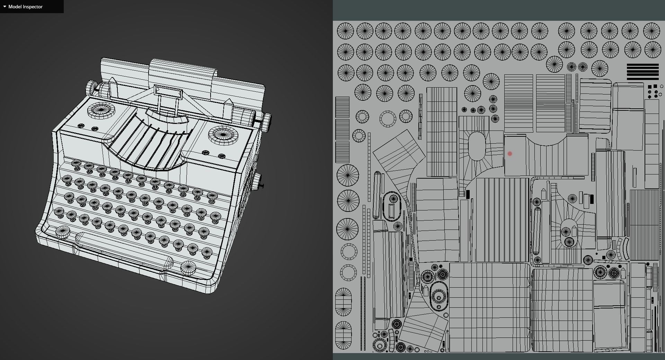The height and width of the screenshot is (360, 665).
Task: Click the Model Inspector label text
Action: (x=25, y=7)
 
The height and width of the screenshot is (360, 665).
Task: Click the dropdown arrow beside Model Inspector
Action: (x=5, y=7)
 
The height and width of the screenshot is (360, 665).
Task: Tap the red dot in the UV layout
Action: (x=509, y=154)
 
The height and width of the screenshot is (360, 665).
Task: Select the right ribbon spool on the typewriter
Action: (x=223, y=135)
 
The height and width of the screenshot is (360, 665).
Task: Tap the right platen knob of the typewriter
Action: (x=266, y=122)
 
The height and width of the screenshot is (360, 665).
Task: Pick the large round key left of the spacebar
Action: (x=62, y=231)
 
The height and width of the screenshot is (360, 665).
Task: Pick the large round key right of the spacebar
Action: (x=188, y=268)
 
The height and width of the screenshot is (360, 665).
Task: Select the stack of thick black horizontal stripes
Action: (x=642, y=72)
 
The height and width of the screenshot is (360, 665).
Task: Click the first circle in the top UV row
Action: (x=345, y=31)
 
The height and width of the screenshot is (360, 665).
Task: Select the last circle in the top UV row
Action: (x=651, y=31)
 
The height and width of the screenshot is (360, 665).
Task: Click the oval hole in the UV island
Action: (x=477, y=146)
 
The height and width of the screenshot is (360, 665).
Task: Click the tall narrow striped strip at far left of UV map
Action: (x=342, y=129)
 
